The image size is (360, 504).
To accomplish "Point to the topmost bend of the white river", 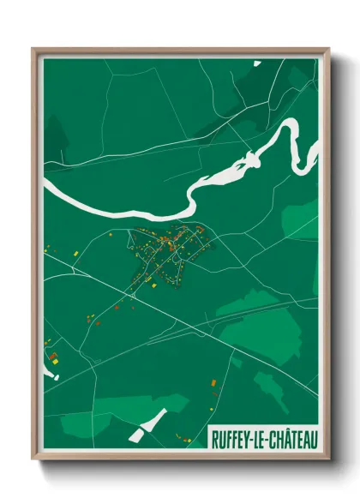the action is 291,127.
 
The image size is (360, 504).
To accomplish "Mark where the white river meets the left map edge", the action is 45,182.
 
